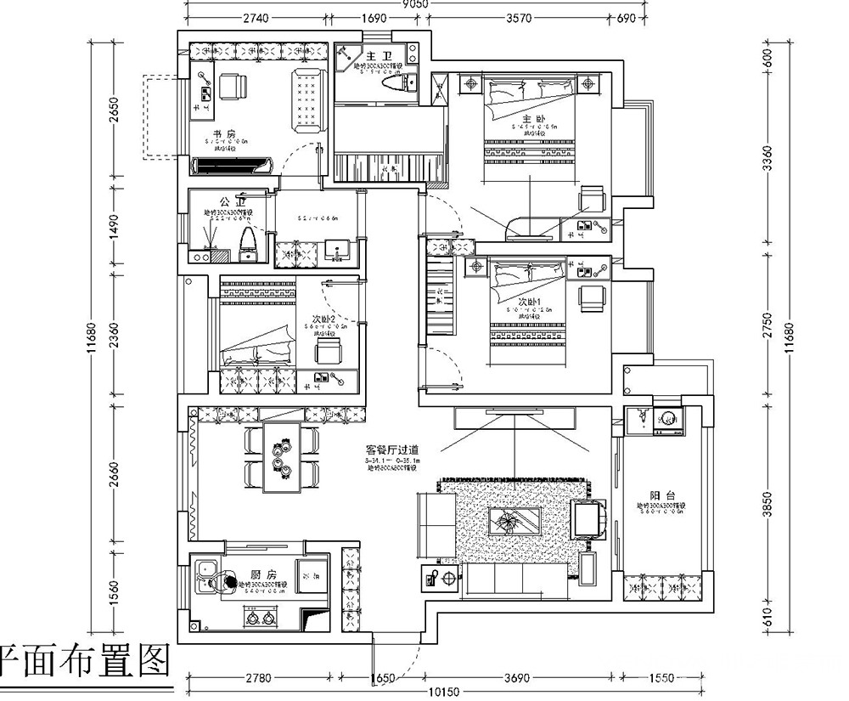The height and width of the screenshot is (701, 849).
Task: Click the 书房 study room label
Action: point(223,134)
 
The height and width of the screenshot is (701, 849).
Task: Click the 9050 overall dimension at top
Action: point(414,5)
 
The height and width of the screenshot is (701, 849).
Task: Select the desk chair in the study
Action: point(231,86)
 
